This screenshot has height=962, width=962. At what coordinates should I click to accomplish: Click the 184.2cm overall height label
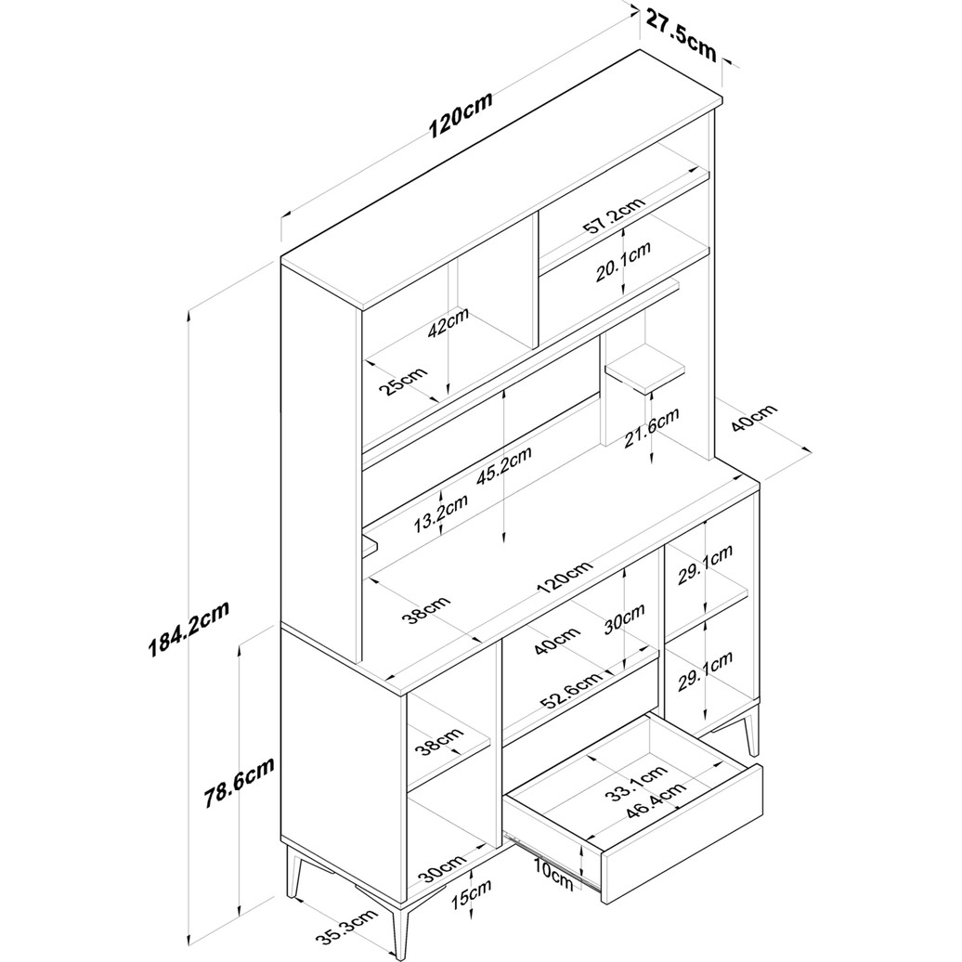click(x=189, y=629)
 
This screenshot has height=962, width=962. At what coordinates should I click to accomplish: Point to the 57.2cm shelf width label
click(x=614, y=216)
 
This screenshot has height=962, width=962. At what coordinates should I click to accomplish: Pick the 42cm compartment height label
click(x=448, y=322)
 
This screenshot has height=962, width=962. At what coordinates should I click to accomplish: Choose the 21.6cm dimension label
click(x=652, y=428)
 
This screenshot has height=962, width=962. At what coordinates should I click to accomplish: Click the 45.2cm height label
click(x=503, y=466)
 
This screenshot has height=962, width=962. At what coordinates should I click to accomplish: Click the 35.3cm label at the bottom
click(x=344, y=929)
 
